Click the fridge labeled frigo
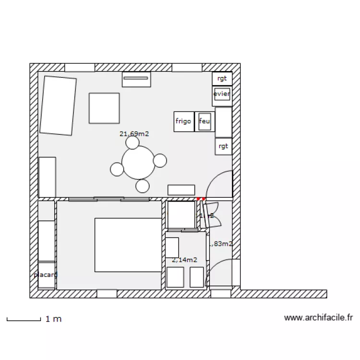tap(184, 121)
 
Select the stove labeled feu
tap(205, 121)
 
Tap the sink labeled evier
tap(222, 94)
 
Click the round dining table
tap(139, 162)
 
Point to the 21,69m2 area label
tap(134, 134)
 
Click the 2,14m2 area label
tap(184, 260)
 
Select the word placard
tap(46, 275)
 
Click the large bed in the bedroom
tap(128, 245)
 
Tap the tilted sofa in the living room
tap(58, 105)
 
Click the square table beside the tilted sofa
tap(104, 108)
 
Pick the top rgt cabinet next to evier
tap(222, 78)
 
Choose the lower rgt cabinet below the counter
tap(223, 146)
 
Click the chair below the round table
tap(143, 185)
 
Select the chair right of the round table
tap(160, 160)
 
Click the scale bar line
tap(23, 320)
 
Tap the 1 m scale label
tap(53, 319)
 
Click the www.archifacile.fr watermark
tap(319, 317)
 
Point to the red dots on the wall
tap(201, 198)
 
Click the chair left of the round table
tap(117, 169)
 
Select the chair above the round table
tap(132, 143)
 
